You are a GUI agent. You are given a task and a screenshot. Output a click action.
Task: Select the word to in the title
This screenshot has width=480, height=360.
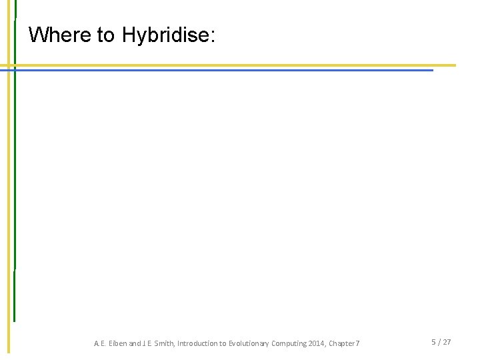(x=107, y=35)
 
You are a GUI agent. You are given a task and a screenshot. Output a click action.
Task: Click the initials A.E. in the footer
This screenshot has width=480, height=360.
(x=99, y=343)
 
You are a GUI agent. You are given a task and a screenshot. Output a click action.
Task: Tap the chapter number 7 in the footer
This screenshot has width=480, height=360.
(x=358, y=343)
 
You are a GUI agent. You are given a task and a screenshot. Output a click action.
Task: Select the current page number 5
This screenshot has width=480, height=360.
(x=433, y=342)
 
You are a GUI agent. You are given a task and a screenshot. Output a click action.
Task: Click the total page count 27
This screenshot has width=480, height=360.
(x=447, y=342)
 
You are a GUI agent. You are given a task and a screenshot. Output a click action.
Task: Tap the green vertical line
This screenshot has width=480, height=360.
(x=15, y=200)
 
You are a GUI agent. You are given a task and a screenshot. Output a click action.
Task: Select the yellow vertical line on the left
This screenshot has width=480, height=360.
(x=9, y=200)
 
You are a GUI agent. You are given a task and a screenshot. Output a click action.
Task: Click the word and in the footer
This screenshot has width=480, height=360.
(x=134, y=343)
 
